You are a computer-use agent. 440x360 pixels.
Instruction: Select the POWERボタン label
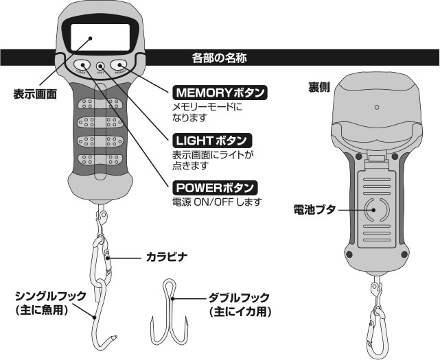click(213, 187)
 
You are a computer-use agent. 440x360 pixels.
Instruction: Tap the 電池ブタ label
click(315, 210)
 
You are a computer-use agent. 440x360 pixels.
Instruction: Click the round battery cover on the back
click(375, 210)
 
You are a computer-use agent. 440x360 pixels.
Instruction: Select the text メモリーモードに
click(207, 107)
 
